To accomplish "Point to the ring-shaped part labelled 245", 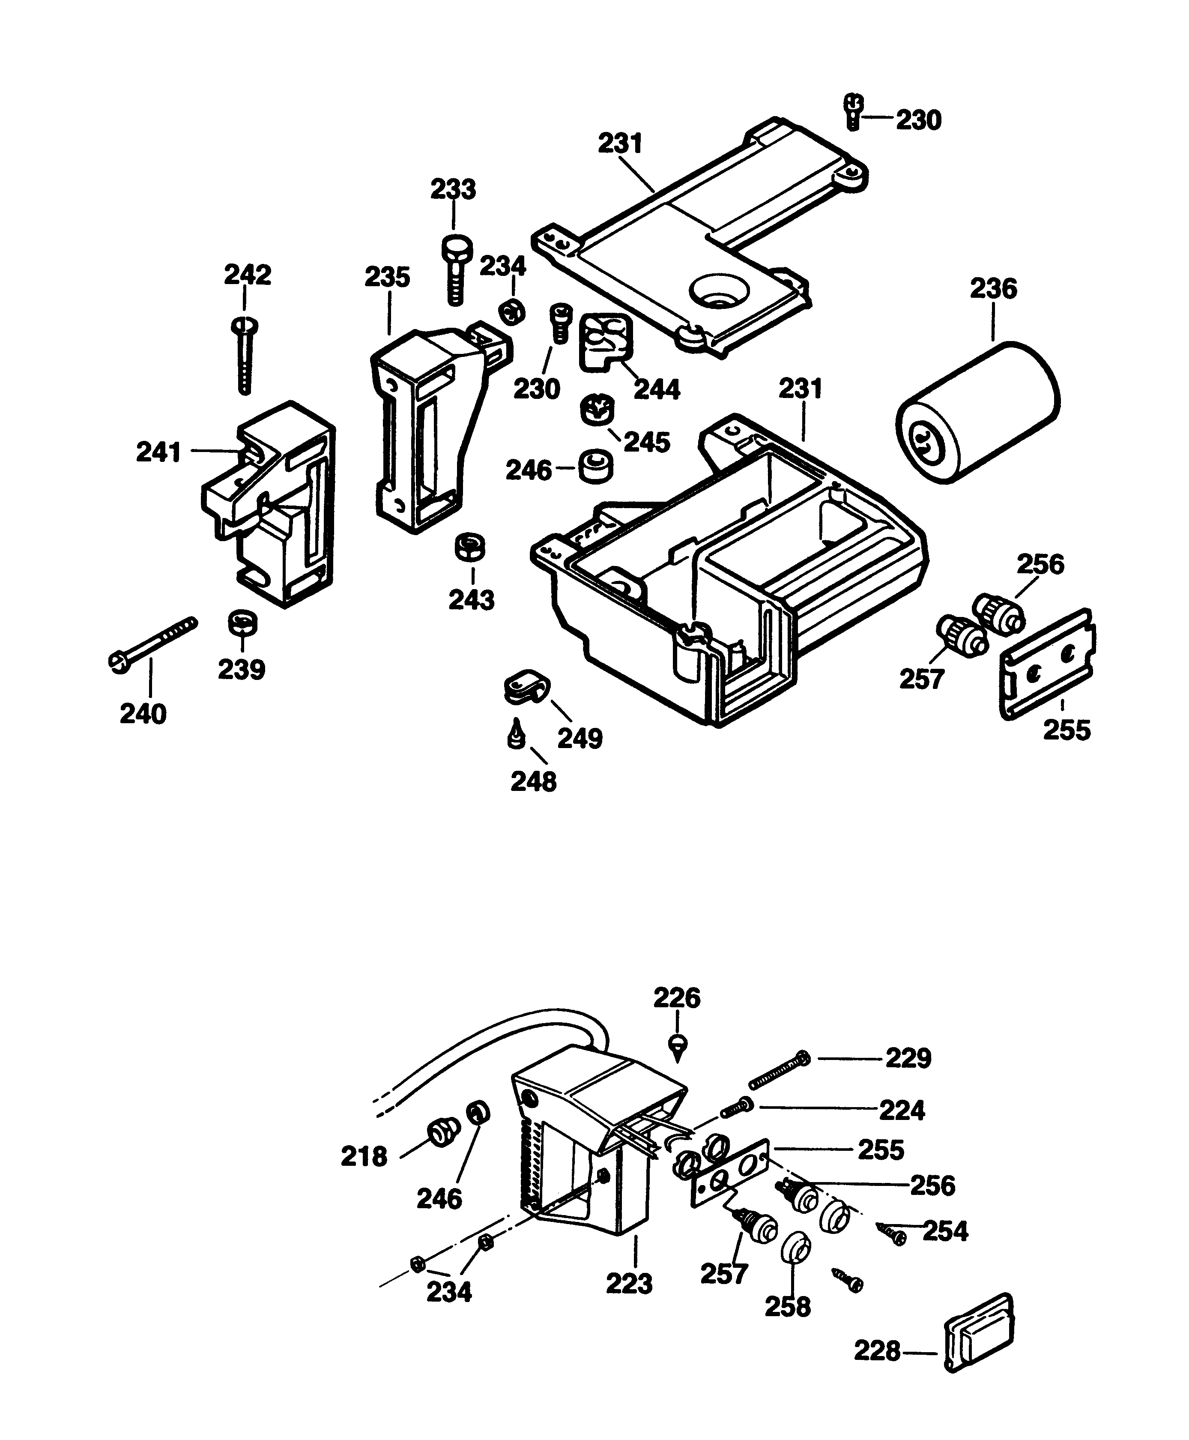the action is click(x=597, y=409).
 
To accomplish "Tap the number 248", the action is click(x=534, y=781).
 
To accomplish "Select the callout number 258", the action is click(x=788, y=1307).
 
